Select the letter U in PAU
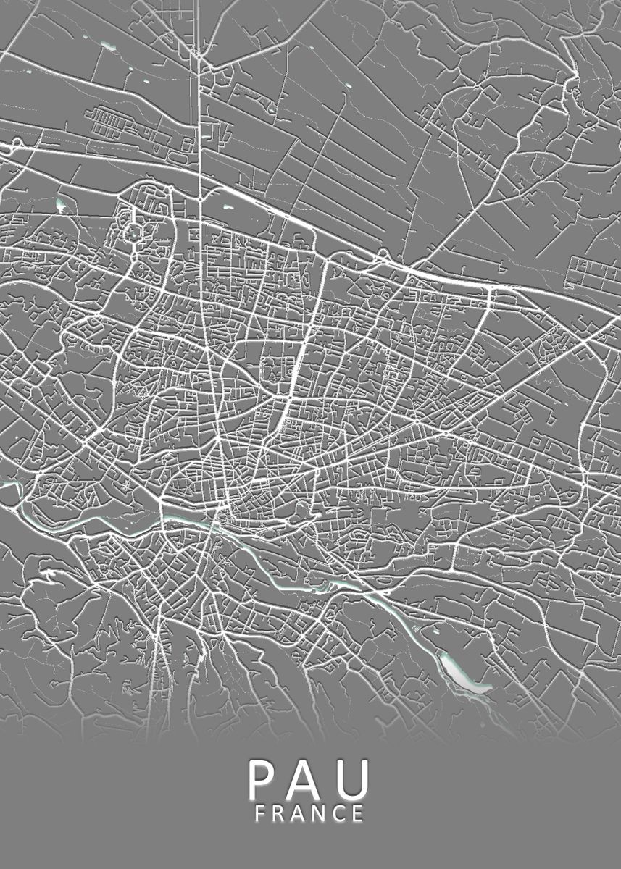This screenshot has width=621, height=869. point(352,779)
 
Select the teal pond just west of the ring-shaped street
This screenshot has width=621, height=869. point(60,204)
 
